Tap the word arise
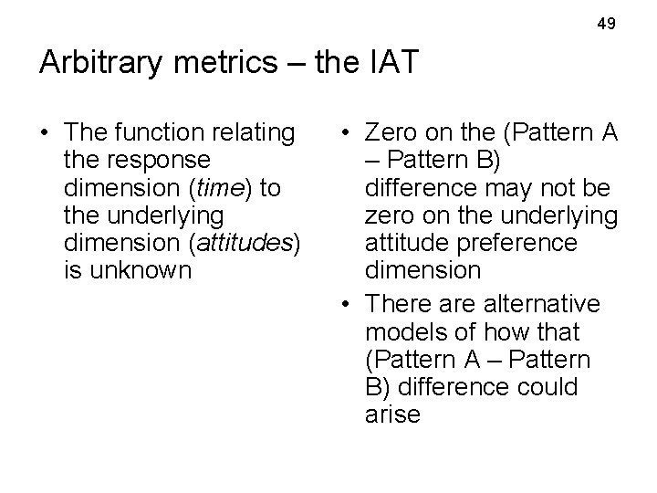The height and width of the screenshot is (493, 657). pyautogui.click(x=392, y=414)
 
